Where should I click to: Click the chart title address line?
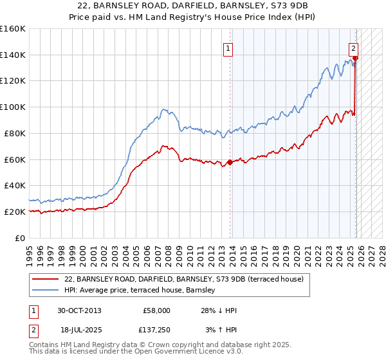[x=192, y=4]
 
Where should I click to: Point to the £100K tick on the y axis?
[x=13, y=107]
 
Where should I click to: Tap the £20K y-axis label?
[x=15, y=212]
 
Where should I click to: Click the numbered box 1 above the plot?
[x=228, y=48]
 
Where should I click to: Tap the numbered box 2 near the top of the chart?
[x=353, y=48]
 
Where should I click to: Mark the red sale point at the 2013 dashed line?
[x=230, y=162]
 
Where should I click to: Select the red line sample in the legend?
[x=45, y=279]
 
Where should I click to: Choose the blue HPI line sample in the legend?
[x=45, y=289]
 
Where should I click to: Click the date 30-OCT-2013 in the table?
[x=79, y=310]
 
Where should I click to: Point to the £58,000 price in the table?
[x=156, y=310]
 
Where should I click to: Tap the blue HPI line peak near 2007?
[x=164, y=110]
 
